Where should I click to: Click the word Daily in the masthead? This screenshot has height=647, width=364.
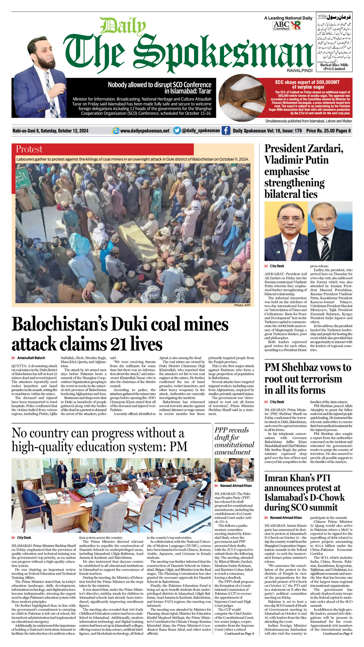click(x=123, y=26)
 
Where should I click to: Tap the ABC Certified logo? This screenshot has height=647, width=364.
click(x=281, y=26)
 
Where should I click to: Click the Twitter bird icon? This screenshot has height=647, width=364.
click(x=177, y=130)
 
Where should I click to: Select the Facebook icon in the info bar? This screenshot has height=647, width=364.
click(x=226, y=131)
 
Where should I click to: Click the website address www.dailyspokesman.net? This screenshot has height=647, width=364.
click(x=145, y=131)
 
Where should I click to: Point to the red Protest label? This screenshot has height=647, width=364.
click(x=29, y=149)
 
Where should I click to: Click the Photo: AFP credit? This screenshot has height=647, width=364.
click(x=242, y=305)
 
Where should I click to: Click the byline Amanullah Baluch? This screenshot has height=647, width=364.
click(x=31, y=358)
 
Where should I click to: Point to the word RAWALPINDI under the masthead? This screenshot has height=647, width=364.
click(x=300, y=71)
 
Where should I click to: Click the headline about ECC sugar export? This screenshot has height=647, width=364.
click(x=307, y=84)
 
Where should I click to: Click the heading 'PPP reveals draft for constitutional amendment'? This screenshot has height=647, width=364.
click(x=234, y=441)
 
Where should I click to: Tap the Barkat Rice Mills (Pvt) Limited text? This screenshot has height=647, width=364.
click(x=334, y=67)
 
